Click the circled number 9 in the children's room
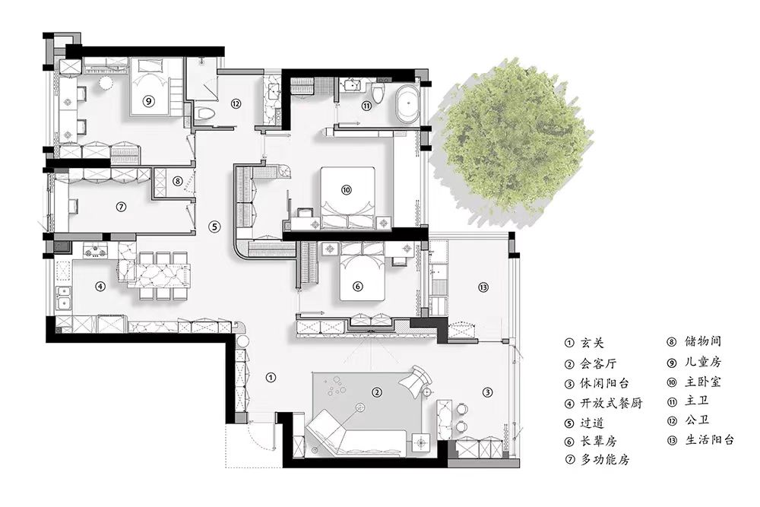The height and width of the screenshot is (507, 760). [x=149, y=101]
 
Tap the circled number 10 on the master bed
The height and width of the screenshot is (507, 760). [x=346, y=190]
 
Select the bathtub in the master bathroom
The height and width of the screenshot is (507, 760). [x=407, y=103]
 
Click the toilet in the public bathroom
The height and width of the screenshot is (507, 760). [x=206, y=114]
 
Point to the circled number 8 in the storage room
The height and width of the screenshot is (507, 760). [x=178, y=181]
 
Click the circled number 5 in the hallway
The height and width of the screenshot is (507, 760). [x=215, y=226]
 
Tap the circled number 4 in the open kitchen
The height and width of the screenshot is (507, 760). [x=100, y=286]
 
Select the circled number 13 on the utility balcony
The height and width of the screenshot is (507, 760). [x=483, y=287]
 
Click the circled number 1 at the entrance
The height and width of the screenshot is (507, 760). [x=271, y=377]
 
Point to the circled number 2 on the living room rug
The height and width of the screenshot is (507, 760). [x=377, y=392]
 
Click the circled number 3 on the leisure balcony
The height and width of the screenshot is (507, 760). [x=488, y=392]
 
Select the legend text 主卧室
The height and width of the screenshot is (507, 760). [x=703, y=382]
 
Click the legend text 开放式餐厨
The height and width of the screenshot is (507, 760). [x=611, y=403]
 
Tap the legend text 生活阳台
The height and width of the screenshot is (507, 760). [x=710, y=439]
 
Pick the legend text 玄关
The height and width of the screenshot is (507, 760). [x=592, y=343]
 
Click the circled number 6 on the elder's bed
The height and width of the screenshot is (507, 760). [x=358, y=287]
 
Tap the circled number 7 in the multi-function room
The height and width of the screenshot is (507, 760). [x=121, y=207]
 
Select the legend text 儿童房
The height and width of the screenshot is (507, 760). [x=703, y=362]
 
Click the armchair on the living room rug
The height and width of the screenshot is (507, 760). [x=416, y=379]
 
